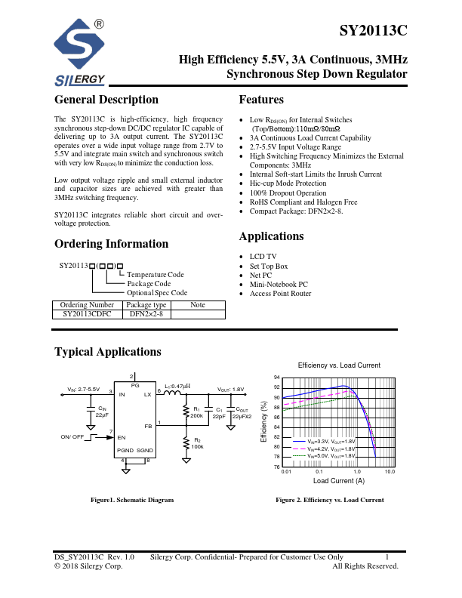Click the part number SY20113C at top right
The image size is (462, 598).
pos(373,31)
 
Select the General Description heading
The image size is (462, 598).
pos(106,100)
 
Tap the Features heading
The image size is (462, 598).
pos(261,100)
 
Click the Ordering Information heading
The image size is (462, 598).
pos(111,244)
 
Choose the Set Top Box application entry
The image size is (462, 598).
pos(269,267)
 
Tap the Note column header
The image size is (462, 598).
pos(198,305)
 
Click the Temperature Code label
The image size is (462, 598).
pos(156,275)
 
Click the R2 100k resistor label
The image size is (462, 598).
pos(196,444)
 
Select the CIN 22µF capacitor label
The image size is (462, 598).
pos(102,412)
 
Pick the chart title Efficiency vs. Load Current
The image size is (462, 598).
pos(339,365)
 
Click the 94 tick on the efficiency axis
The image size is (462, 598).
pos(276,378)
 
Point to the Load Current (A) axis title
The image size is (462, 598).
pos(338,481)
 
